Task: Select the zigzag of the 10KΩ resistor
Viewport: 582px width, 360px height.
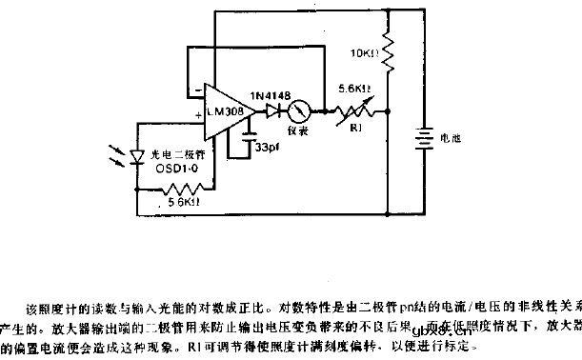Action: point(389,56)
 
